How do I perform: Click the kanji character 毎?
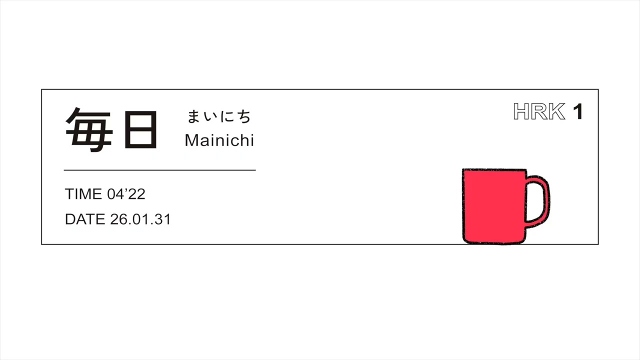coord(89,129)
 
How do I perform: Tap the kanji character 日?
coord(141,129)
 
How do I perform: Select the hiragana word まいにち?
coord(219,116)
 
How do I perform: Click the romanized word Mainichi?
coord(219,140)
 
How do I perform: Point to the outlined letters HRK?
coord(539,111)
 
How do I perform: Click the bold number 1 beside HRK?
coord(577,111)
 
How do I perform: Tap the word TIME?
coord(83,194)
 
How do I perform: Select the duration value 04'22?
coord(126,194)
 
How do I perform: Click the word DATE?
coord(85,219)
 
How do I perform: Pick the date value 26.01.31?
coord(140,219)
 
